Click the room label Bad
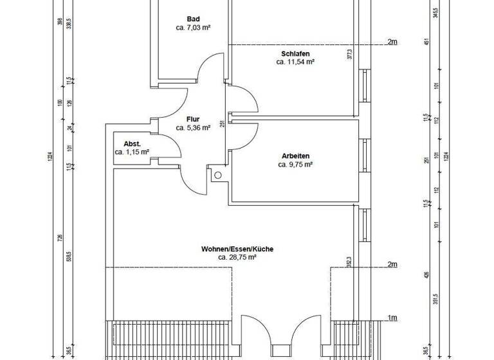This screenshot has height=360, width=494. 193,19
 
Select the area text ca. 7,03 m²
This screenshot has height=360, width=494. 193,28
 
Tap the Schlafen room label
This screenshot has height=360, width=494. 295,53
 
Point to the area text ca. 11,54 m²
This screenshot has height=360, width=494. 295,62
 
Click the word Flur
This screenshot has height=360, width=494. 193,119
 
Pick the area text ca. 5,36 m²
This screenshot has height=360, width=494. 193,128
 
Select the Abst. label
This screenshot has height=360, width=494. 132,143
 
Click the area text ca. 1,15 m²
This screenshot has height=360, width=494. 132,152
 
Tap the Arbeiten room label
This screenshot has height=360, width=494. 295,155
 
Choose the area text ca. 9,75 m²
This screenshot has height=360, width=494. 295,165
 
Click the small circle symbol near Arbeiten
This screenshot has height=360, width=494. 218,175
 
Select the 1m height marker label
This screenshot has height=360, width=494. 392,318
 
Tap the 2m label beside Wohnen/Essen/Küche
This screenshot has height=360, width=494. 392,265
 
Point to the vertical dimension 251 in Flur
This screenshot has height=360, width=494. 222,125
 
